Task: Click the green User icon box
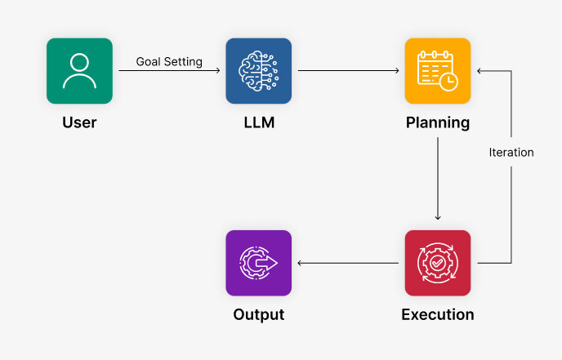[79, 71]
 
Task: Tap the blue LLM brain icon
[258, 71]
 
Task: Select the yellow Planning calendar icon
[438, 71]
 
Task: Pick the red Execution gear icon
[438, 263]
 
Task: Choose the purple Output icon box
[258, 263]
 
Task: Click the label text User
[79, 123]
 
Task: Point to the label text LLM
[258, 123]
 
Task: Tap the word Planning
[438, 123]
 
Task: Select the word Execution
[438, 314]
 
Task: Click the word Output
[258, 314]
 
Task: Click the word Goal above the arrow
[149, 62]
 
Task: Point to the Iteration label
[511, 153]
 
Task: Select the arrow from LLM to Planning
[349, 71]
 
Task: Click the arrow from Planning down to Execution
[438, 180]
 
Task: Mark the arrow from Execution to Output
[349, 263]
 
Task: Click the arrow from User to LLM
[169, 71]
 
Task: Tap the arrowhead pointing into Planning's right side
[480, 71]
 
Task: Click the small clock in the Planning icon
[448, 81]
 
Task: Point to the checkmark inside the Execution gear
[438, 263]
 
